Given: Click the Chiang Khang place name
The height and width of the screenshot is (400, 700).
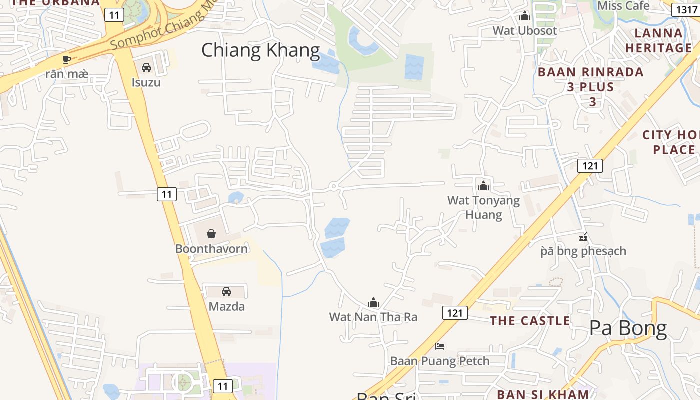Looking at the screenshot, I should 260,50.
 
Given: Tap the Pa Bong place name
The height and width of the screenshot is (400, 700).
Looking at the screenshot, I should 628,328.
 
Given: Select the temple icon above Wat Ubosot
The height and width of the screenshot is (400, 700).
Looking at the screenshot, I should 524,16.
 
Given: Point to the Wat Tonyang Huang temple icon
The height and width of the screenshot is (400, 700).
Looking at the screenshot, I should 483,186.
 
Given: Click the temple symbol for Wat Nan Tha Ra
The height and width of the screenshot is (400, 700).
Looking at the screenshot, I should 373,302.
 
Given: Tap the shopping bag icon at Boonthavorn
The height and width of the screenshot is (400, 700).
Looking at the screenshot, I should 211,233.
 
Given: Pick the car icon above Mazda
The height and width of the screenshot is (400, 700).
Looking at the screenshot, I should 226,291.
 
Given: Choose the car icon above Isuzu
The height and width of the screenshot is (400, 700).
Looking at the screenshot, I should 146,67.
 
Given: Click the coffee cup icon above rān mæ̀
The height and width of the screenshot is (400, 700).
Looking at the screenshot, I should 67,60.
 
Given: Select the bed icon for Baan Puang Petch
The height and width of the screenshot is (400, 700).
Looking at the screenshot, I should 440,346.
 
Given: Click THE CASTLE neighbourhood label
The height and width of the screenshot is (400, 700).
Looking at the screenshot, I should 530,321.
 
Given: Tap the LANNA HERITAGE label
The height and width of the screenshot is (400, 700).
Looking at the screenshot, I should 658,41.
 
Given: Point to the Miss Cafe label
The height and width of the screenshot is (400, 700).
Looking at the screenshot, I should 623,6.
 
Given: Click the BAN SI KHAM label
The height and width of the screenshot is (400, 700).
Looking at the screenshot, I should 543,394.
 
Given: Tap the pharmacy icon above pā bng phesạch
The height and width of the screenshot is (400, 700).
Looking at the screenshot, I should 583,236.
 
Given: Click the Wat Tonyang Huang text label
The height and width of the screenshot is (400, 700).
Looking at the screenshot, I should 483,207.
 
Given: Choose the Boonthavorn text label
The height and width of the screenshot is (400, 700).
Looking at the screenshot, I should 211,248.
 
